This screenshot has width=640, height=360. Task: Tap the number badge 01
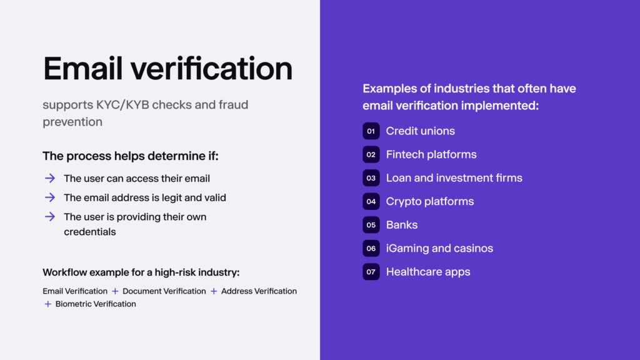[x=371, y=131]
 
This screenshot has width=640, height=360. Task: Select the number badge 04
[x=371, y=201]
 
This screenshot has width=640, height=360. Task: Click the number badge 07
[x=371, y=272]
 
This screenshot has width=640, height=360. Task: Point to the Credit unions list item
[x=420, y=131]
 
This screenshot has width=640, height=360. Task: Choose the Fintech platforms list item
[x=431, y=154]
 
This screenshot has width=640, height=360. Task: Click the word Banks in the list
[x=401, y=225]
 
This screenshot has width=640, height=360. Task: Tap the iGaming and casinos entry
[x=439, y=248]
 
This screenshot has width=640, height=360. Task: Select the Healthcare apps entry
[x=427, y=272]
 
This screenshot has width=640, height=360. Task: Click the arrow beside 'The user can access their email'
[x=50, y=178]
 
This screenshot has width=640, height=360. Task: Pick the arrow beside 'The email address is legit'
[x=50, y=197]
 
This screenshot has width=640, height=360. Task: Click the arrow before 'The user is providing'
[x=50, y=217]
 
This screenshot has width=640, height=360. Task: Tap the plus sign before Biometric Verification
[x=48, y=304]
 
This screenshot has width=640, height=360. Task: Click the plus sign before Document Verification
[x=115, y=291]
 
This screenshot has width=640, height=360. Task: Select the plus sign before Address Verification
[x=214, y=291]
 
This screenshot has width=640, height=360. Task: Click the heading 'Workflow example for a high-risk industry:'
[x=141, y=272]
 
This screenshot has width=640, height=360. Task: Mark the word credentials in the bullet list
[x=89, y=232]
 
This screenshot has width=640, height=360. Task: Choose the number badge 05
[x=371, y=225]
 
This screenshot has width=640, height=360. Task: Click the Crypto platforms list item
[x=429, y=201]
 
